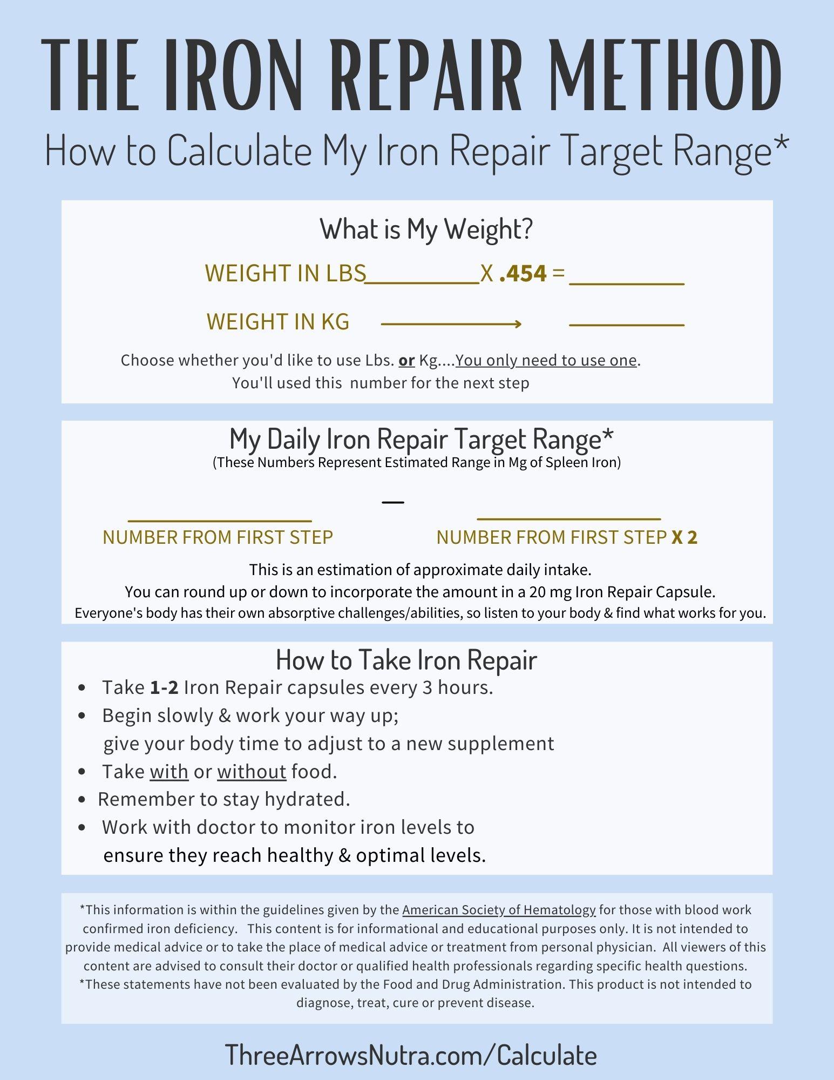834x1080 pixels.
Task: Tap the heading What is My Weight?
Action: (426, 229)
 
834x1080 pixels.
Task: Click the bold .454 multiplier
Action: (523, 273)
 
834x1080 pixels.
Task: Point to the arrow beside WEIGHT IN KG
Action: (451, 324)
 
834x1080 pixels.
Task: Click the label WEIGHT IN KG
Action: (278, 322)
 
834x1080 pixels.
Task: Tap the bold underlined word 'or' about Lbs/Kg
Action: (406, 360)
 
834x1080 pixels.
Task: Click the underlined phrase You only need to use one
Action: (546, 360)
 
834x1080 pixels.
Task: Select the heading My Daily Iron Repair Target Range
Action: (421, 438)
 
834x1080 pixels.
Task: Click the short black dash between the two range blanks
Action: (393, 502)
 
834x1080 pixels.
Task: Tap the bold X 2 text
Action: (684, 537)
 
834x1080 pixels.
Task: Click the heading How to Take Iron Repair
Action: (406, 659)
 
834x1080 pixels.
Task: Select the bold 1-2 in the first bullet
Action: (164, 688)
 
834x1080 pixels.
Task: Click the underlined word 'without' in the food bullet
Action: (252, 772)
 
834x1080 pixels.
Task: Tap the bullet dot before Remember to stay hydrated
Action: (82, 800)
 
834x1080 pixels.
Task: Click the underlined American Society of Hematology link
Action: (499, 910)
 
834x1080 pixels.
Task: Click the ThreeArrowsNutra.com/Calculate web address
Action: (411, 1055)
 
